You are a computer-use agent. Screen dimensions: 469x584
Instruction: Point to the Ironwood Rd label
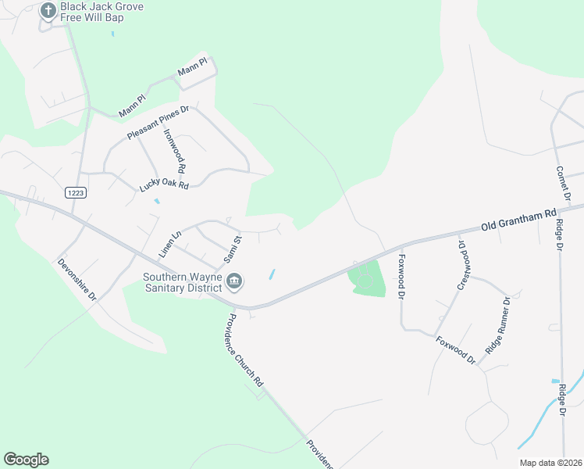(x=173, y=151)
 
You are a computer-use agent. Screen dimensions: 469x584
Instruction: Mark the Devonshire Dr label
(x=77, y=281)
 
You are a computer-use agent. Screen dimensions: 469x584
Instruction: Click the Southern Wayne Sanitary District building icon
(x=234, y=280)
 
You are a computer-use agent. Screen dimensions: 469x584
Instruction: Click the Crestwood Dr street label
(x=465, y=264)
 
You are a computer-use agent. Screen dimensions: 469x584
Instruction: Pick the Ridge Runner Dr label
(x=497, y=325)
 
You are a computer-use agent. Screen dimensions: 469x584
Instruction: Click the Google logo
(x=26, y=460)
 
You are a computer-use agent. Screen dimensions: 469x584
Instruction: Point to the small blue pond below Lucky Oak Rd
(x=157, y=201)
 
